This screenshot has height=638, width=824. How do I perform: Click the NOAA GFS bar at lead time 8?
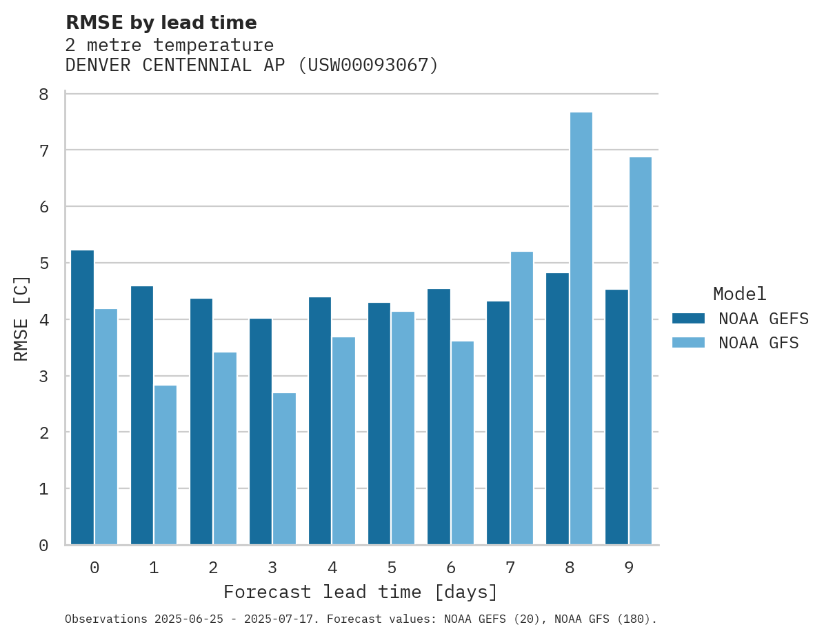click(x=581, y=328)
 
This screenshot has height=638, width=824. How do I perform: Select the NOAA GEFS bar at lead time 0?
click(x=82, y=397)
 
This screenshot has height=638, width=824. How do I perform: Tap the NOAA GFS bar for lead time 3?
click(x=284, y=469)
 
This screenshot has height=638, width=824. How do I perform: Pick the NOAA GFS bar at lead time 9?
click(x=641, y=351)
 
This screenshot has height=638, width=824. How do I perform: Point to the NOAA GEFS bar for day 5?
click(x=379, y=423)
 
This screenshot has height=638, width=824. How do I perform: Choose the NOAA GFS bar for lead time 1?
click(x=165, y=465)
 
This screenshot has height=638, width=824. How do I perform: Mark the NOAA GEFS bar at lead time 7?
click(x=498, y=423)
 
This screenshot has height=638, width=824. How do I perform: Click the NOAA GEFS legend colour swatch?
click(x=688, y=318)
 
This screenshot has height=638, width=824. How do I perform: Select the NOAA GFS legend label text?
click(x=758, y=343)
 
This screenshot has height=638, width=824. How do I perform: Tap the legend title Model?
click(x=739, y=294)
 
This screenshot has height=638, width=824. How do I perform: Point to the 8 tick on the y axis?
click(x=43, y=94)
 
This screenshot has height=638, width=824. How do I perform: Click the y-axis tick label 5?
click(x=43, y=263)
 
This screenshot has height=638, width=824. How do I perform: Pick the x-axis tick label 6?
click(x=451, y=568)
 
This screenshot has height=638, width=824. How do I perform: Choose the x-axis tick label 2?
click(x=213, y=568)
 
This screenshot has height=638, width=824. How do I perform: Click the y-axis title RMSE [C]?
click(x=22, y=318)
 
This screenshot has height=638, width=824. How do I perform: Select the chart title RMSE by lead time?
click(x=161, y=23)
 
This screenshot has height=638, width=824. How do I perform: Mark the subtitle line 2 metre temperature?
click(x=169, y=46)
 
